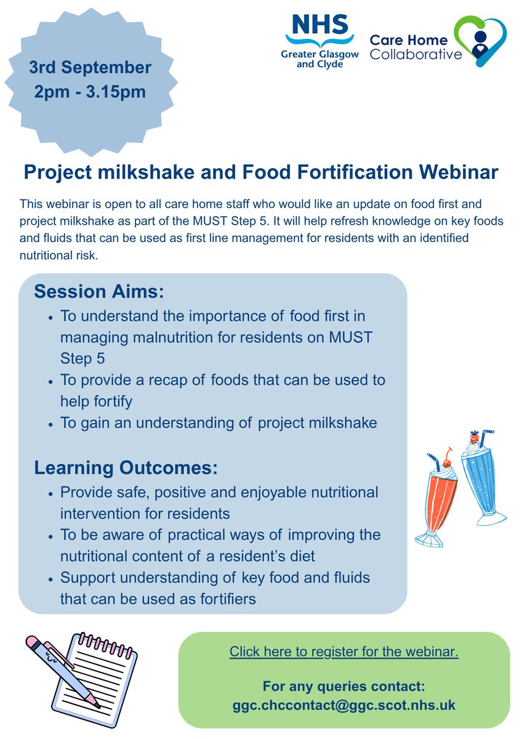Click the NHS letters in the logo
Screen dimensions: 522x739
pyautogui.click(x=319, y=25)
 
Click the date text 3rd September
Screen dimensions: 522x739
pyautogui.click(x=90, y=68)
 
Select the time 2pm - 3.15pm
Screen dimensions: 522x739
pyautogui.click(x=90, y=92)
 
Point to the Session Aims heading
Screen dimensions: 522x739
pyautogui.click(x=99, y=292)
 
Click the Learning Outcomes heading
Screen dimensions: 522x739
pyautogui.click(x=126, y=467)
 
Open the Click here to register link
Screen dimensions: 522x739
pyautogui.click(x=344, y=652)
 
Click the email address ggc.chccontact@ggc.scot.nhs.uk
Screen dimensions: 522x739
pyautogui.click(x=344, y=705)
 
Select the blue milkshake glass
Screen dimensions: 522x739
pyautogui.click(x=483, y=482)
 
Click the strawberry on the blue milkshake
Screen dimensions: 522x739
pyautogui.click(x=475, y=437)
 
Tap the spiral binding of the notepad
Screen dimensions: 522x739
pyautogui.click(x=107, y=643)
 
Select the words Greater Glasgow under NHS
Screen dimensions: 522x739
pyautogui.click(x=319, y=54)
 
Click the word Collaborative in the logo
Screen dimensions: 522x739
pyautogui.click(x=416, y=54)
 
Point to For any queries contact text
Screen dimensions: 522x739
pyautogui.click(x=344, y=686)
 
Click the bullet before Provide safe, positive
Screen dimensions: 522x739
pyautogui.click(x=50, y=494)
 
